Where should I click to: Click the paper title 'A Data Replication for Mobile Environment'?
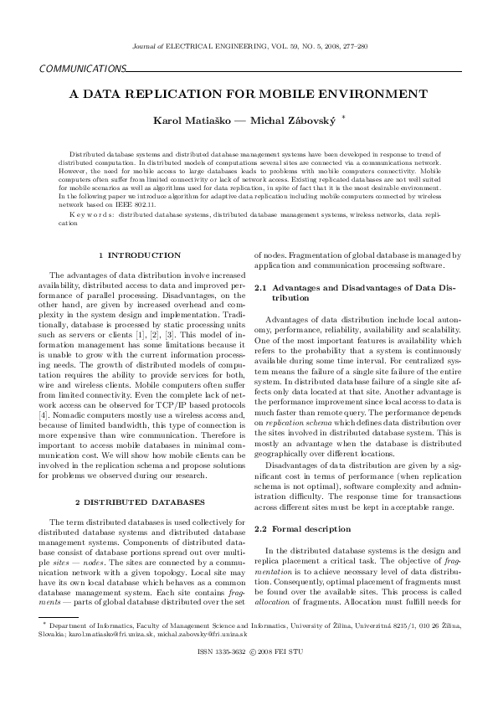[249, 94]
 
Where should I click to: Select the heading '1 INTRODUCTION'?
[139, 255]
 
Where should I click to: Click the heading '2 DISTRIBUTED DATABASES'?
[139, 502]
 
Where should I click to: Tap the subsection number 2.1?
[260, 287]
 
